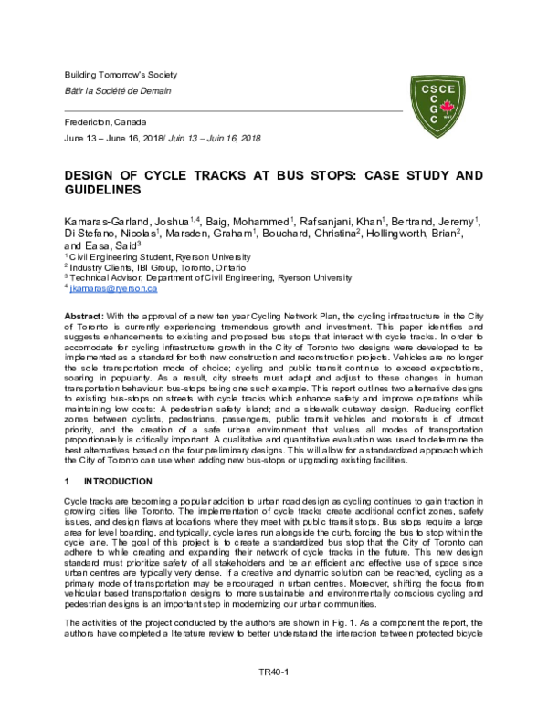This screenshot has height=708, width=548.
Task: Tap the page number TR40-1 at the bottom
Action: point(273,671)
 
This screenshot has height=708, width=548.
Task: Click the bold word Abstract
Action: point(83,313)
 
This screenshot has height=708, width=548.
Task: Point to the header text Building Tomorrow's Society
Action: point(120,74)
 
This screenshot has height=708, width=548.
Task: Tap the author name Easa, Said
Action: point(108,246)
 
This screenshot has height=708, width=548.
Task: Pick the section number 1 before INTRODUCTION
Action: point(66,480)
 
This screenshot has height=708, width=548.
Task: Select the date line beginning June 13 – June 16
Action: point(163,138)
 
